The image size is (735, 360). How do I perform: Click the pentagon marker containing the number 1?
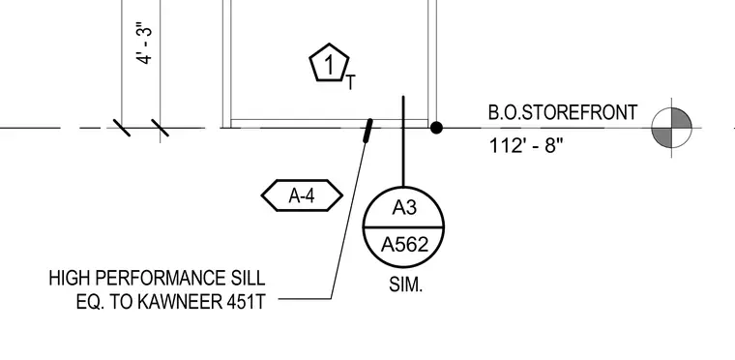(329, 63)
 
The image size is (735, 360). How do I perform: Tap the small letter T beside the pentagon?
(351, 83)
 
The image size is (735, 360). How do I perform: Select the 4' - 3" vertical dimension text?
(145, 43)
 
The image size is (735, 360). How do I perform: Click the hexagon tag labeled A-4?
(302, 195)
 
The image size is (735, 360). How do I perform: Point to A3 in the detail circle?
(404, 207)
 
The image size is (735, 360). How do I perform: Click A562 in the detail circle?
(404, 245)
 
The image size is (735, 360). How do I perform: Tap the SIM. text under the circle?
(405, 285)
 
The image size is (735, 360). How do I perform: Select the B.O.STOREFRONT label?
(563, 112)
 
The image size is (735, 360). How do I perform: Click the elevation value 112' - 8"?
(525, 145)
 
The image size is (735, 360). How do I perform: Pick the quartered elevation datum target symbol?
(672, 127)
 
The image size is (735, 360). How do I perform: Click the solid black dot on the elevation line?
(436, 128)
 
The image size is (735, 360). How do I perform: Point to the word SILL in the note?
(249, 279)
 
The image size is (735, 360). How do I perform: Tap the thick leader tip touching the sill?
(368, 131)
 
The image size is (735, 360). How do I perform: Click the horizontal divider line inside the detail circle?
(403, 227)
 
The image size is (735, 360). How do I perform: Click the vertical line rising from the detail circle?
(403, 141)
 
